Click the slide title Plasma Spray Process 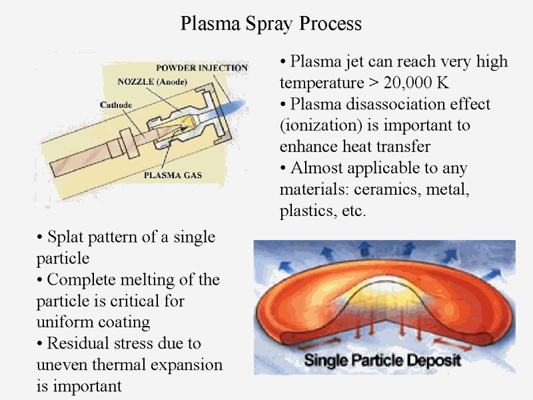coord(271,24)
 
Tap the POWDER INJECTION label coord(202,68)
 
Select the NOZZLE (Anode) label coord(153,81)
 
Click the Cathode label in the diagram coord(115,105)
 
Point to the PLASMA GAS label coord(173,175)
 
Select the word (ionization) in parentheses coord(321,125)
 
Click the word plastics coord(308,211)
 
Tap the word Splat coord(65,237)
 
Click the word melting coord(147,280)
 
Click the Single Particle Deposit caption coord(382,360)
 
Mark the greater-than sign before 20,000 coord(373,83)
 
